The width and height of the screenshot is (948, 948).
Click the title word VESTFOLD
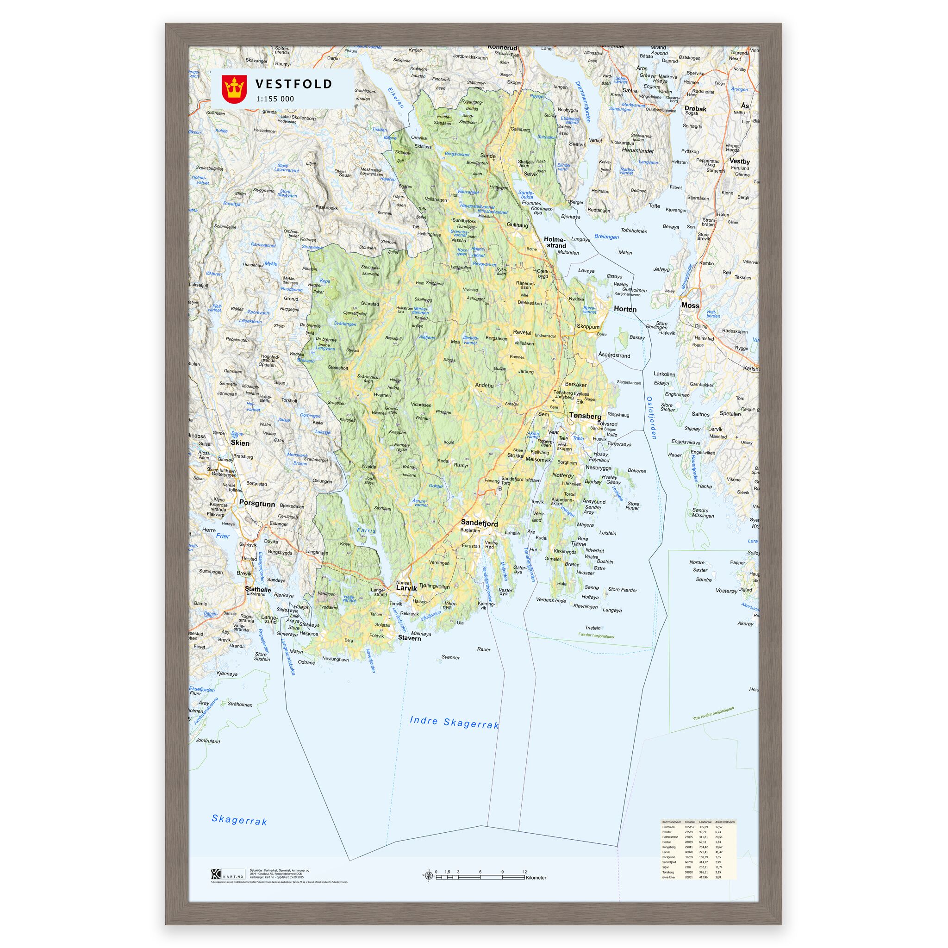293,84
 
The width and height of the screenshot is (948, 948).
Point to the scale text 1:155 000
275,99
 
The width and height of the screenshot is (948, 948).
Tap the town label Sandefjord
479,524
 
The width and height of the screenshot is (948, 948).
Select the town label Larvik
406,588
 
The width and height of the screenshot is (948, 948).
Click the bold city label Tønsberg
585,416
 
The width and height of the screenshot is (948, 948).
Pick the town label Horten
624,309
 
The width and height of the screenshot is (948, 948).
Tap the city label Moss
690,305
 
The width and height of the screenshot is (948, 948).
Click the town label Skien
240,443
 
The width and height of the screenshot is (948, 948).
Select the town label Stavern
409,638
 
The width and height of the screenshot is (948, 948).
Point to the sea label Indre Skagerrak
454,722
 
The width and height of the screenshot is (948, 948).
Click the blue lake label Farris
366,530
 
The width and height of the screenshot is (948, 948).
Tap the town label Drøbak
695,108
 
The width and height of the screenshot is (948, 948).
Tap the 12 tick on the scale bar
524,872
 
